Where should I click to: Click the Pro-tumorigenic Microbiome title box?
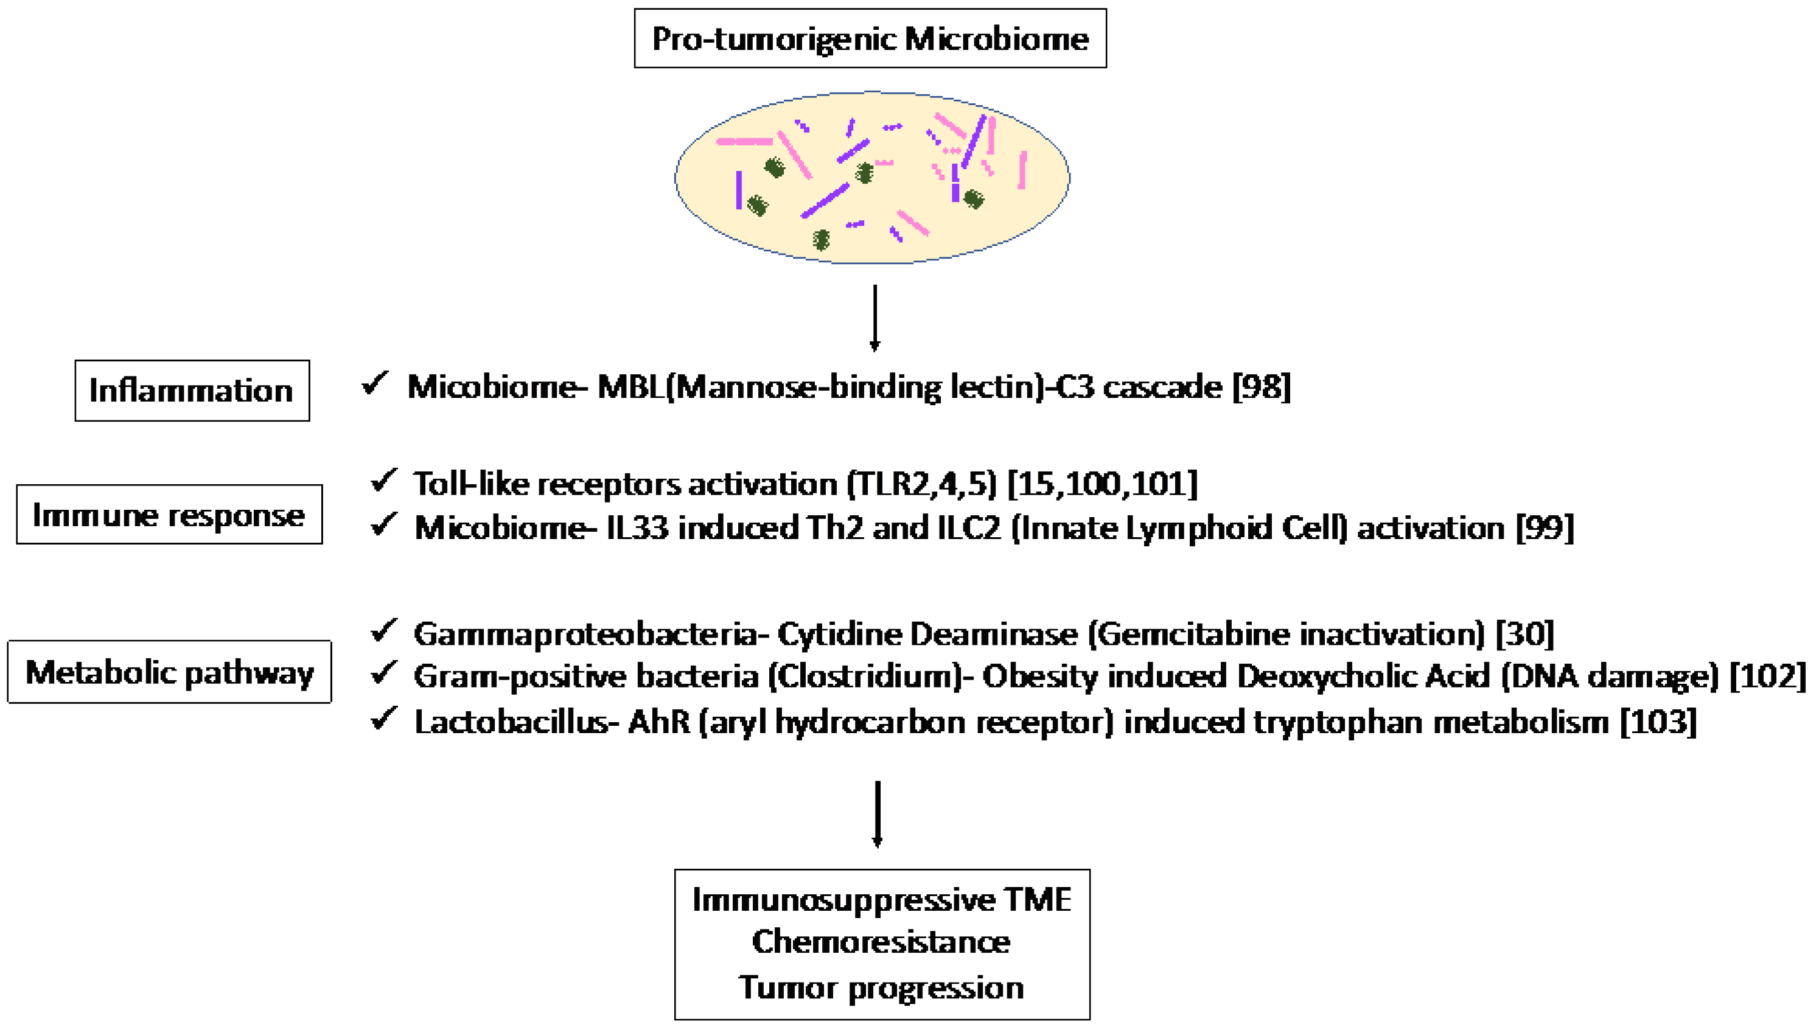(870, 38)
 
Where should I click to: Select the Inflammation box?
(192, 391)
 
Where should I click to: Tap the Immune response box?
(169, 514)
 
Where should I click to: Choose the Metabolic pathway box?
(169, 672)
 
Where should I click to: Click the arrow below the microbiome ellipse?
(875, 318)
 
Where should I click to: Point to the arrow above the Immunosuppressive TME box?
(878, 813)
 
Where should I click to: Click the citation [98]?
(1262, 387)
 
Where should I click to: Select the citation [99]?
(1545, 527)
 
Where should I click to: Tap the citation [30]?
(1524, 634)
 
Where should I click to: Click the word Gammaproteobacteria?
(586, 634)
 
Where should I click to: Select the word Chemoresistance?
(881, 942)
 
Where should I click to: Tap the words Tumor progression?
(881, 987)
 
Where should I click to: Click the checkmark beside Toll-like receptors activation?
(383, 481)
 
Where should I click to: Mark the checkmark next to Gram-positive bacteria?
(383, 673)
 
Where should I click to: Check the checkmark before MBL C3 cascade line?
(374, 383)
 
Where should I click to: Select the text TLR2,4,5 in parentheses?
(922, 484)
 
